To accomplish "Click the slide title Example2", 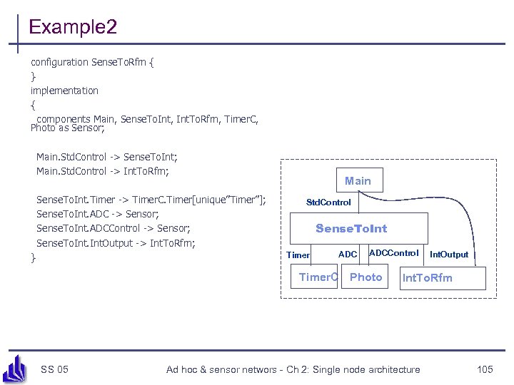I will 73,28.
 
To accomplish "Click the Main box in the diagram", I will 358,180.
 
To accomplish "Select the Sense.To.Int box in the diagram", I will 351,228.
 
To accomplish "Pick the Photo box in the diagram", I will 366,277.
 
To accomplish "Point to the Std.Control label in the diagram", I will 328,202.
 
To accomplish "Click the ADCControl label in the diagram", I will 393,253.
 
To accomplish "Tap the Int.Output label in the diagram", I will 449,255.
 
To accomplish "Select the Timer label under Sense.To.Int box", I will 298,255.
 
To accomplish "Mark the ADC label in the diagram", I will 348,255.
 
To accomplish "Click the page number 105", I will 485,369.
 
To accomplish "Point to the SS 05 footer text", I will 55,369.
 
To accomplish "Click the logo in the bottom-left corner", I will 16,369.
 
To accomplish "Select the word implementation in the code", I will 64,91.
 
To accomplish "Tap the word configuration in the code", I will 59,62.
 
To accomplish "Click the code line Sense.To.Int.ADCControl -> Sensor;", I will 113,228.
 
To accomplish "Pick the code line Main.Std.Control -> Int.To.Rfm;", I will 103,171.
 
